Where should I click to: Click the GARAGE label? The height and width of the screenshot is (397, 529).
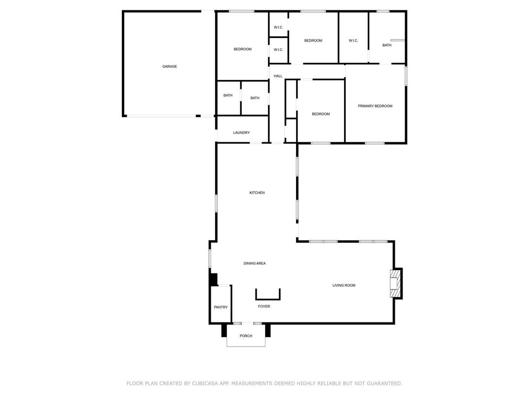[169, 67]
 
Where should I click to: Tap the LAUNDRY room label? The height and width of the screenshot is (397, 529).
[241, 133]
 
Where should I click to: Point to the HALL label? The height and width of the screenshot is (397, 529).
[278, 76]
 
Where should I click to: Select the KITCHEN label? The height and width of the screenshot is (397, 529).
[257, 193]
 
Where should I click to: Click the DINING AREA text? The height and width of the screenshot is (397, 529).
[254, 263]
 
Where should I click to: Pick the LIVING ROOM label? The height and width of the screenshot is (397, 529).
[344, 285]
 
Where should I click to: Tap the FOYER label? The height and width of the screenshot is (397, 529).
[264, 307]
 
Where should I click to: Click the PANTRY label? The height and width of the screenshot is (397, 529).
[221, 307]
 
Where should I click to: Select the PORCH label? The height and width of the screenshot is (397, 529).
[246, 336]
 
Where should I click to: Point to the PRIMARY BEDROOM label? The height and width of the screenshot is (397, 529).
[375, 106]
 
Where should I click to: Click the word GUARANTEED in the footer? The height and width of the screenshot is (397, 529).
[384, 383]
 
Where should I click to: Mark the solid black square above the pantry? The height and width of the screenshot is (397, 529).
[213, 279]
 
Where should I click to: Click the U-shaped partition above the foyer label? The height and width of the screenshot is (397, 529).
[268, 299]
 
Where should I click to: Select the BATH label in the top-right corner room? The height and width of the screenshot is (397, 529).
[386, 45]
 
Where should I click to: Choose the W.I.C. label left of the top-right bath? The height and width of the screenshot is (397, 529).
[353, 41]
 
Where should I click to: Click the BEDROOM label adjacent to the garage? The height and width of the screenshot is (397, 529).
[243, 49]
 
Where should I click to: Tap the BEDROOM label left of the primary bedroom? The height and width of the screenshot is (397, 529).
[320, 114]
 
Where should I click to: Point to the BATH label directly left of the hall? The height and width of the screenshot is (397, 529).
[255, 98]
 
